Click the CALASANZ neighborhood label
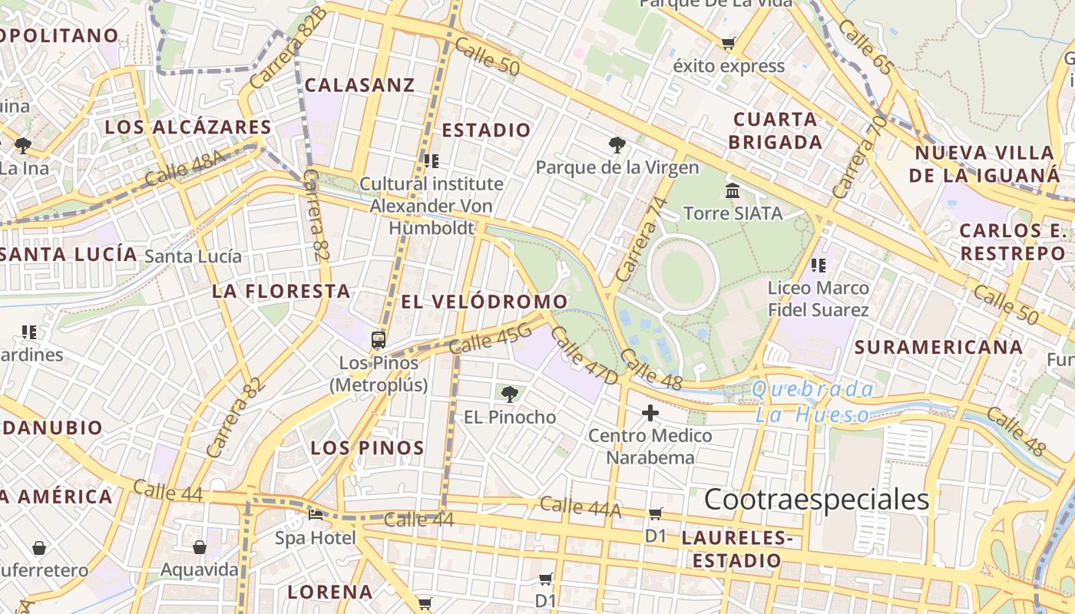(359, 85)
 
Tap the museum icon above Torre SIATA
(733, 190)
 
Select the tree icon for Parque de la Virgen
(617, 144)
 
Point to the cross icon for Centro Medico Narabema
(650, 414)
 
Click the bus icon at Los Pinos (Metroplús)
(378, 339)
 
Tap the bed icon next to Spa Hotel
(315, 514)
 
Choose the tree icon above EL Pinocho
(508, 394)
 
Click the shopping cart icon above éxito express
(728, 43)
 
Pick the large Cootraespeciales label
(816, 500)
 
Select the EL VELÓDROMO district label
(485, 302)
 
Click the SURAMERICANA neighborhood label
(938, 347)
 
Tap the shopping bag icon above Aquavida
(200, 547)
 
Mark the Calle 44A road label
(580, 506)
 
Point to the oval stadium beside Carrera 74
(681, 274)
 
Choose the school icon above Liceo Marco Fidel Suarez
(819, 266)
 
